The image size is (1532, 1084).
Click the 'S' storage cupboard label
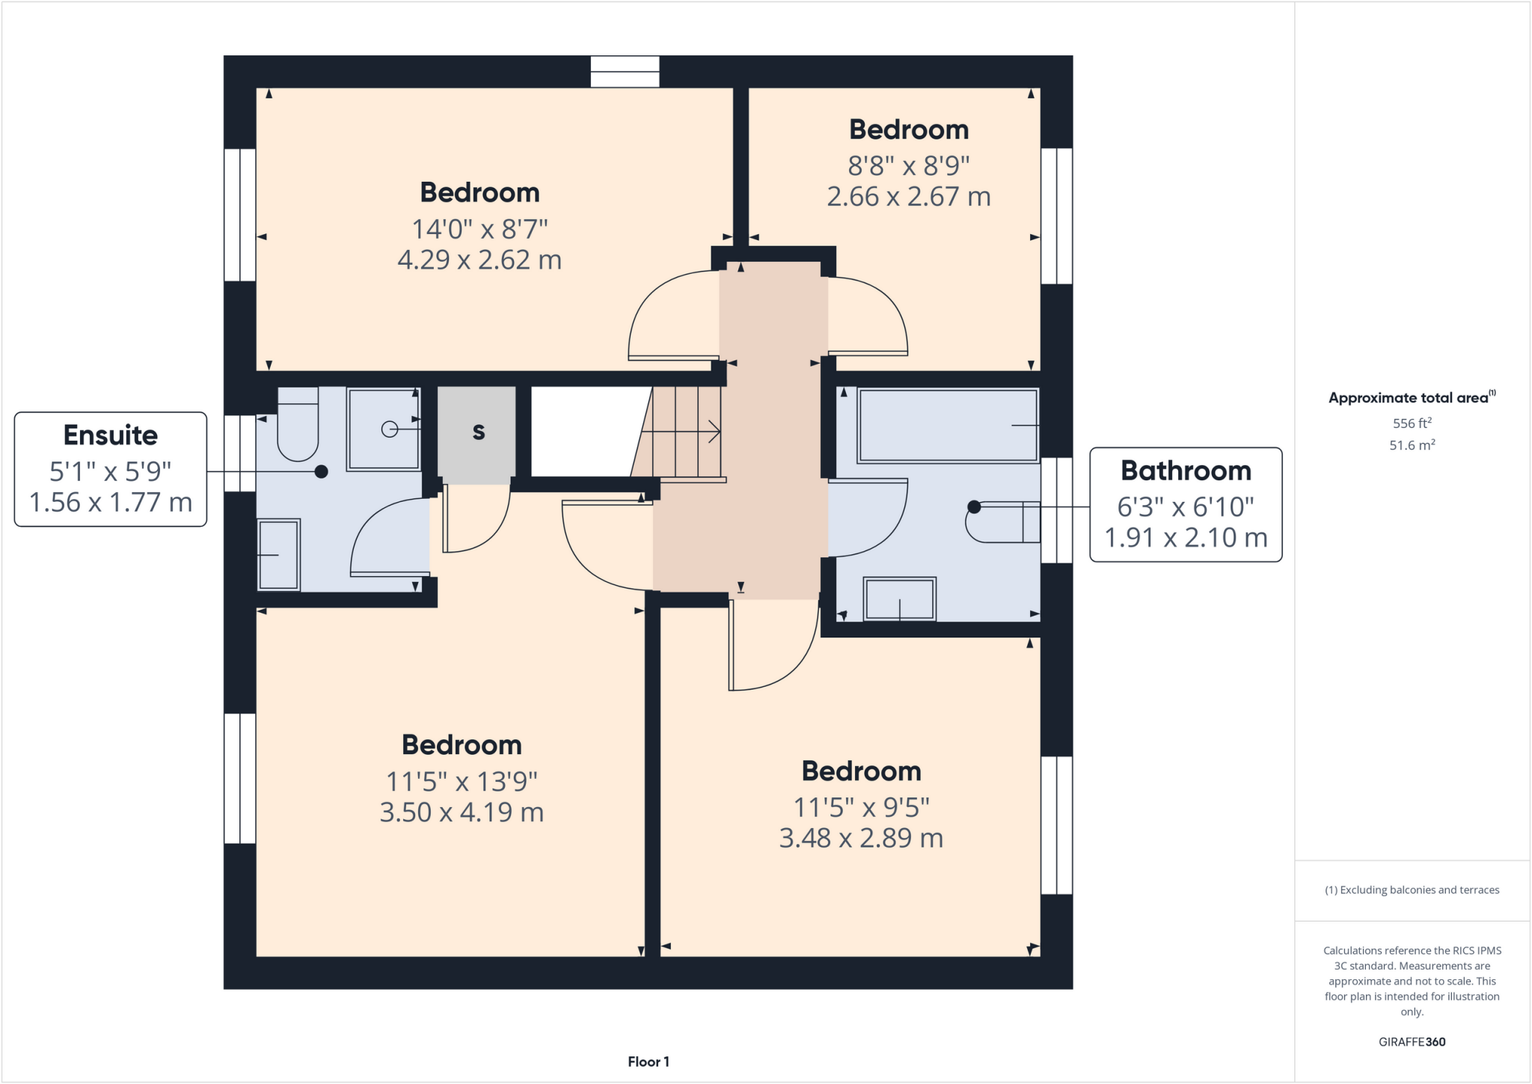pyautogui.click(x=478, y=432)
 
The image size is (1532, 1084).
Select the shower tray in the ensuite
pyautogui.click(x=384, y=429)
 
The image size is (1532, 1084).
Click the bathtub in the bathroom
pyautogui.click(x=948, y=426)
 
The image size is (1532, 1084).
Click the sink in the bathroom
pyautogui.click(x=899, y=598)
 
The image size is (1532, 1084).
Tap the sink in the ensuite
pyautogui.click(x=278, y=554)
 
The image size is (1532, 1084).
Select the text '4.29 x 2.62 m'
pyautogui.click(x=479, y=260)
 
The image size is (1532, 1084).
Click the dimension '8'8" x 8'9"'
pyautogui.click(x=908, y=165)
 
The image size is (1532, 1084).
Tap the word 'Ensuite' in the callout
pyautogui.click(x=111, y=435)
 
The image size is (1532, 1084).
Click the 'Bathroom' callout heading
pyautogui.click(x=1186, y=471)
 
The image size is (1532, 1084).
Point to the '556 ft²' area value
pyautogui.click(x=1412, y=423)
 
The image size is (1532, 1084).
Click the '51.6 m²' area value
pyautogui.click(x=1412, y=445)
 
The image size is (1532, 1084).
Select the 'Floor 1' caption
pyautogui.click(x=648, y=1062)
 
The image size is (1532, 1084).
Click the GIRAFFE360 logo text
pyautogui.click(x=1412, y=1041)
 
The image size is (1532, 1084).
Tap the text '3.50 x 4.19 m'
pyautogui.click(x=462, y=812)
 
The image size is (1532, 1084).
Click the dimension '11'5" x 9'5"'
pyautogui.click(x=861, y=808)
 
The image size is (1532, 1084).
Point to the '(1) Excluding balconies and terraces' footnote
pyautogui.click(x=1412, y=890)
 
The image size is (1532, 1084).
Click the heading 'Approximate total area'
pyautogui.click(x=1409, y=398)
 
